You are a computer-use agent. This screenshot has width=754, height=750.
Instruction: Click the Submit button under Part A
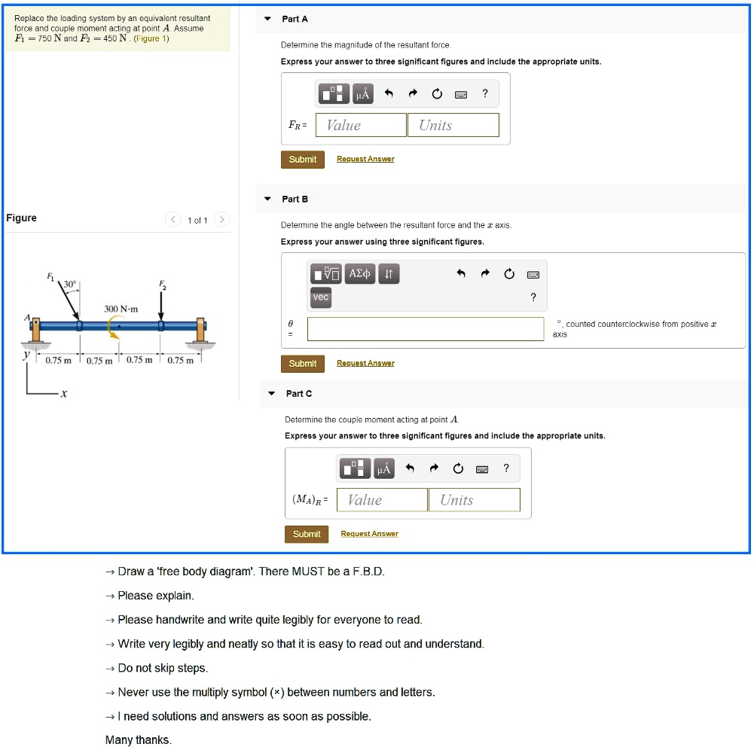302,160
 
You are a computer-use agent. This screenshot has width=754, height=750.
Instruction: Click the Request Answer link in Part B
365,363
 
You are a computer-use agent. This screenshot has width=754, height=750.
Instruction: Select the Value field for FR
361,125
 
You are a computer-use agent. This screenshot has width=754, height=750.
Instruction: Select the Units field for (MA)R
474,500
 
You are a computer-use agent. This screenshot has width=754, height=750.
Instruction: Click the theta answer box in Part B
426,329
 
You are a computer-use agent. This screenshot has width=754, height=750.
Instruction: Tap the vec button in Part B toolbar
321,297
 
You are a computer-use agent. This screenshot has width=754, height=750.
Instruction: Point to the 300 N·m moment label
121,309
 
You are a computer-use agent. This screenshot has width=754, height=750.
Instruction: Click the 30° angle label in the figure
69,284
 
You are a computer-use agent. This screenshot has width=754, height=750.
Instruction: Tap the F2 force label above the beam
161,284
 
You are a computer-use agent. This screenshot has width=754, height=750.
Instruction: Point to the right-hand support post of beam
201,330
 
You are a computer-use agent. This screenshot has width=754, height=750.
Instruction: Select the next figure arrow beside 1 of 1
221,220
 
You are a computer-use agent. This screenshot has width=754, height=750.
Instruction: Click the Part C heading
298,394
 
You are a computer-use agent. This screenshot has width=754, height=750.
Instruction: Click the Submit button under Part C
307,534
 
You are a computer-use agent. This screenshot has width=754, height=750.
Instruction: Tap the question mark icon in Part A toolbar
485,93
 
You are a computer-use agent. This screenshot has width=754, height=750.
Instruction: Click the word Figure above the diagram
21,218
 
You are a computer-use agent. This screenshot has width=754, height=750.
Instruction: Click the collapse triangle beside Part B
267,200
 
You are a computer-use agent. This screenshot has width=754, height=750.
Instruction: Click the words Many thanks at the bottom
139,740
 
